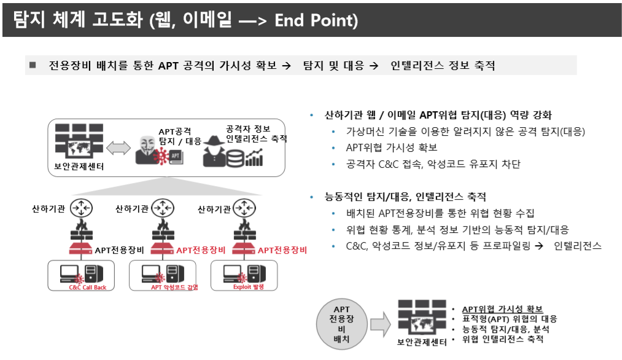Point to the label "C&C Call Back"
click(87, 287)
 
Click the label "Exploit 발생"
click(248, 287)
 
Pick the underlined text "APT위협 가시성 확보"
click(502, 309)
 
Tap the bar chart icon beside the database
click(254, 158)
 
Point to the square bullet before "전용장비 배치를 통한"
click(33, 65)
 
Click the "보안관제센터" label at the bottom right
click(422, 342)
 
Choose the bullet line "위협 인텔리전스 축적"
click(502, 338)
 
